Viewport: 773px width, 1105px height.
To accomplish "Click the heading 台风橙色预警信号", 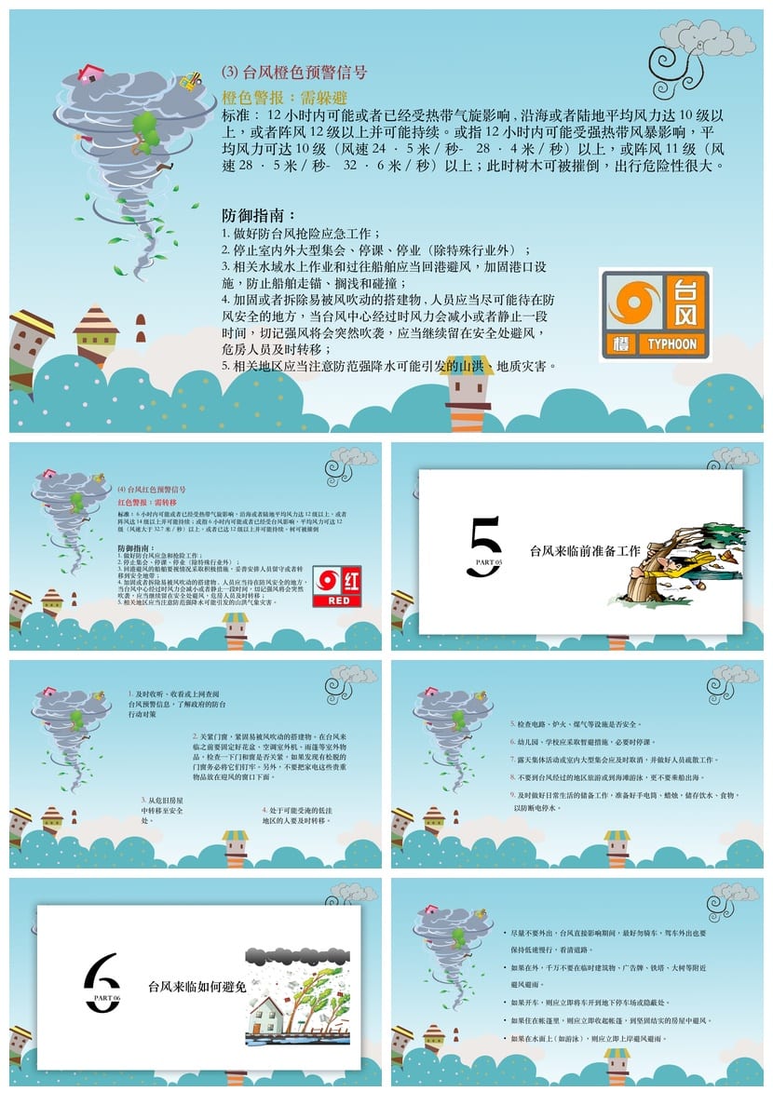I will coord(294,72).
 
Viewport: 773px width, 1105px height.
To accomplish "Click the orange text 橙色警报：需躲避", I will coord(285,97).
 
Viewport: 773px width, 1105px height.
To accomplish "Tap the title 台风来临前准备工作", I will coord(584,551).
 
